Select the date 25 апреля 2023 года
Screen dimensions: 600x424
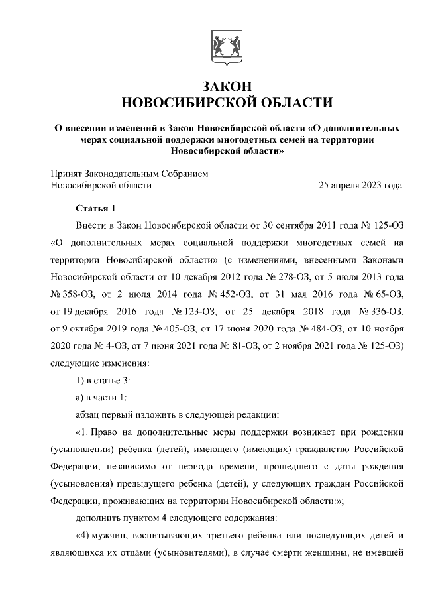pyautogui.click(x=360, y=186)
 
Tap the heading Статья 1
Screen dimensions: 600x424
pyautogui.click(x=96, y=208)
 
